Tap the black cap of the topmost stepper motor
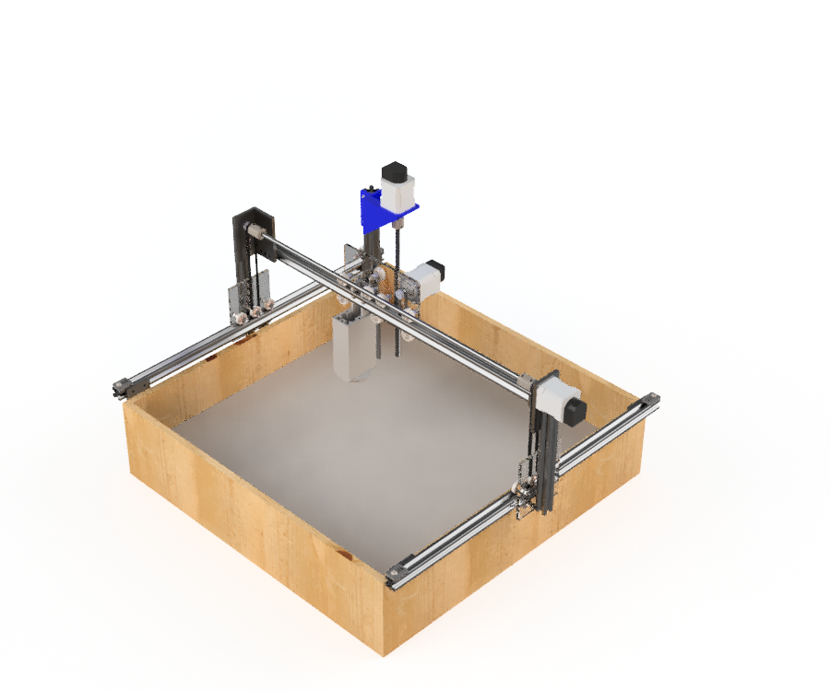[x=394, y=172]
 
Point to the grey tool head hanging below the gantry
[x=353, y=348]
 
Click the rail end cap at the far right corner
[x=653, y=399]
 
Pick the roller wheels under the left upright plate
[x=252, y=315]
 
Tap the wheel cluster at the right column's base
[x=525, y=493]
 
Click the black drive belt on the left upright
[x=238, y=267]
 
